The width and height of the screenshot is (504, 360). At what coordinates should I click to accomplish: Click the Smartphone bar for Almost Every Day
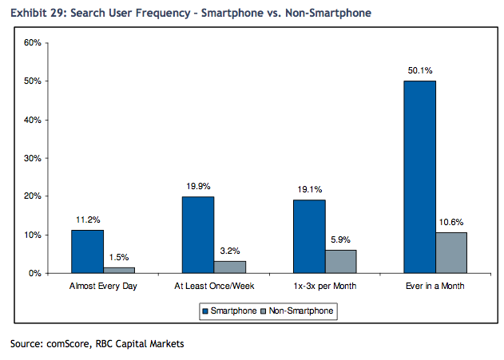87,251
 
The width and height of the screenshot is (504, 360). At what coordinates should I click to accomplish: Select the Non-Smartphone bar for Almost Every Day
120,270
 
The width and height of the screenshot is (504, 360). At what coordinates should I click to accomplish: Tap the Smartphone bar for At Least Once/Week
198,235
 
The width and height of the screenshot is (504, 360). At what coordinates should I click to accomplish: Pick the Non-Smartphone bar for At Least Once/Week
230,267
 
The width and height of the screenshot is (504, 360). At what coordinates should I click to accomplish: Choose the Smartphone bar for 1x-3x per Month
308,236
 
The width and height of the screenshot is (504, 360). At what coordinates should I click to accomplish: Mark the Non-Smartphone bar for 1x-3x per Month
341,262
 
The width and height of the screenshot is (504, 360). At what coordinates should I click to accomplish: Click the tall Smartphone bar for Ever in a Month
419,176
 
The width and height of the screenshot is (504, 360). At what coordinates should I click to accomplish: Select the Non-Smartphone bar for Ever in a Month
451,253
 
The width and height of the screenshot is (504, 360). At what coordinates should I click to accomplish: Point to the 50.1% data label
419,71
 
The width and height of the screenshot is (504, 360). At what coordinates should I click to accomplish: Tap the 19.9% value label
198,187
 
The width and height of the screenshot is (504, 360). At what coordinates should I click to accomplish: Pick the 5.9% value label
341,240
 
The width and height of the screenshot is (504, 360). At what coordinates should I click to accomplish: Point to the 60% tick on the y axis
32,42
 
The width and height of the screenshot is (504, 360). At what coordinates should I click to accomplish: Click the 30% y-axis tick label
32,158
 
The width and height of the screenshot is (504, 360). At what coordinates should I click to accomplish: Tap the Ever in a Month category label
435,286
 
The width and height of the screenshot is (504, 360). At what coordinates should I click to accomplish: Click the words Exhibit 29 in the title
37,14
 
